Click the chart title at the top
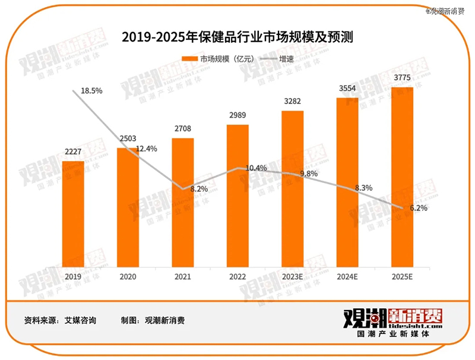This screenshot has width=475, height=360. pyautogui.click(x=237, y=37)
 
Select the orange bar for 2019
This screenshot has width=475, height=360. pyautogui.click(x=73, y=214)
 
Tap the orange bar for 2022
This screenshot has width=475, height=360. pyautogui.click(x=237, y=196)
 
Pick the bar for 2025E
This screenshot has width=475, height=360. pyautogui.click(x=401, y=178)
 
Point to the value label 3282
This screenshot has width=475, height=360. pyautogui.click(x=292, y=102)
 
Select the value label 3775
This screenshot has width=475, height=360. pyautogui.click(x=402, y=78)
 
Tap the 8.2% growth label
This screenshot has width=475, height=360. pyautogui.click(x=199, y=188)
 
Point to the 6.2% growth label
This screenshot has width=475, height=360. pyautogui.click(x=418, y=208)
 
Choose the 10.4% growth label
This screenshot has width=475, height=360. pyautogui.click(x=255, y=169)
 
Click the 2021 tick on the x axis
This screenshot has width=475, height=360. pyautogui.click(x=183, y=276)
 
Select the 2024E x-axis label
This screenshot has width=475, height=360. pyautogui.click(x=347, y=276)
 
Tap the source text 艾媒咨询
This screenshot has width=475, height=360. pyautogui.click(x=80, y=320)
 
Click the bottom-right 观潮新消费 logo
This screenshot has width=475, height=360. pyautogui.click(x=392, y=324)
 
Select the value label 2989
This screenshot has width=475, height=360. pyautogui.click(x=237, y=115)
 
